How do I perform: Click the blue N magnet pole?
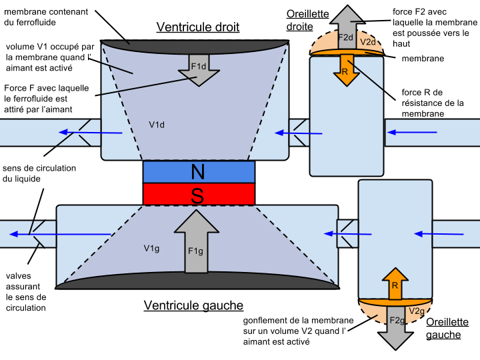199,172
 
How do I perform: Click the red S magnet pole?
199,195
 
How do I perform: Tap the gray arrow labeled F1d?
199,69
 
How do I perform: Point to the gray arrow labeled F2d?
346,27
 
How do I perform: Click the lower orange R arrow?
395,284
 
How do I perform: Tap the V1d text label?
157,125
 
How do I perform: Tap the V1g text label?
151,248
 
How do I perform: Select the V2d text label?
368,42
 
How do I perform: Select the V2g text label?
417,311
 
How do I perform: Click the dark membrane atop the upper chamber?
195,44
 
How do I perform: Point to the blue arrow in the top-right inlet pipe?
413,133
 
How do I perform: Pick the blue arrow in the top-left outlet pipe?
90,133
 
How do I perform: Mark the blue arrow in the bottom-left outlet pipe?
60,234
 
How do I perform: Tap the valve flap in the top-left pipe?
83,132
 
